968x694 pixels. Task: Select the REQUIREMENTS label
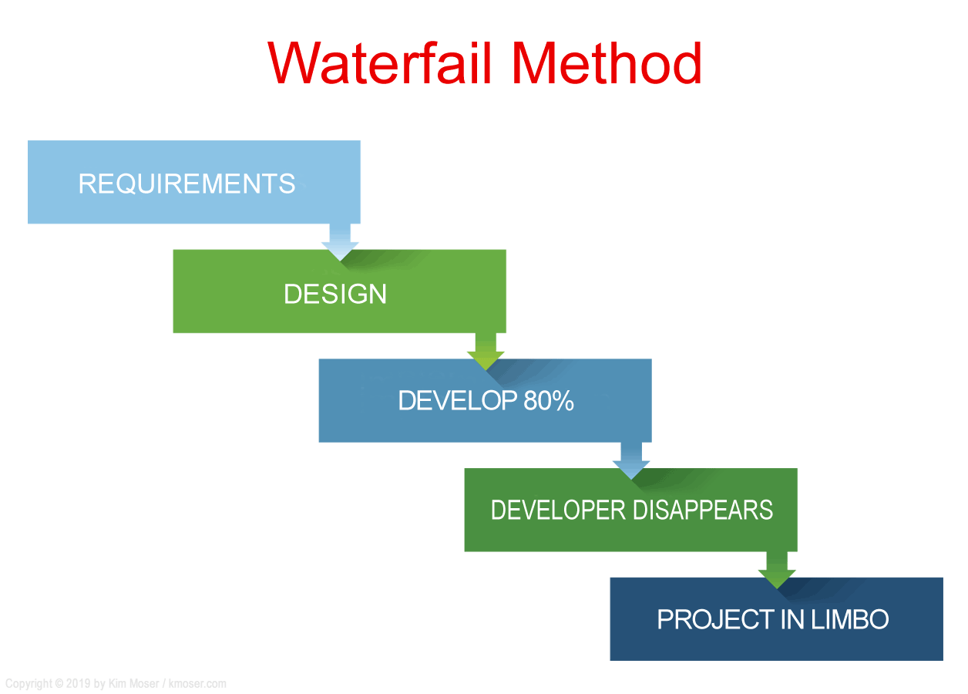tap(187, 184)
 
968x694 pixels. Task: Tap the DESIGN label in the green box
tap(335, 294)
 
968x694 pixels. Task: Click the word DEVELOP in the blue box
tap(457, 400)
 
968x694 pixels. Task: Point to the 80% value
tap(549, 400)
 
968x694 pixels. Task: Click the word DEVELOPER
tap(558, 510)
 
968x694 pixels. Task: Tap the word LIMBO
tap(849, 619)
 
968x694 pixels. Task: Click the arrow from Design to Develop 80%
tap(486, 352)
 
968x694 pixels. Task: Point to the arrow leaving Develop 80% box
tap(631, 461)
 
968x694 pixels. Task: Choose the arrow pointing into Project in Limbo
tap(777, 571)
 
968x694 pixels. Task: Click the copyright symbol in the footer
tap(59, 684)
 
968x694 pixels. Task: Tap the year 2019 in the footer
tap(78, 684)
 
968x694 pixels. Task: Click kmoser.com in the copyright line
tap(197, 684)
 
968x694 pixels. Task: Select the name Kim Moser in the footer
tap(133, 684)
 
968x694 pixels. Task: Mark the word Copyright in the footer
tap(29, 684)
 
